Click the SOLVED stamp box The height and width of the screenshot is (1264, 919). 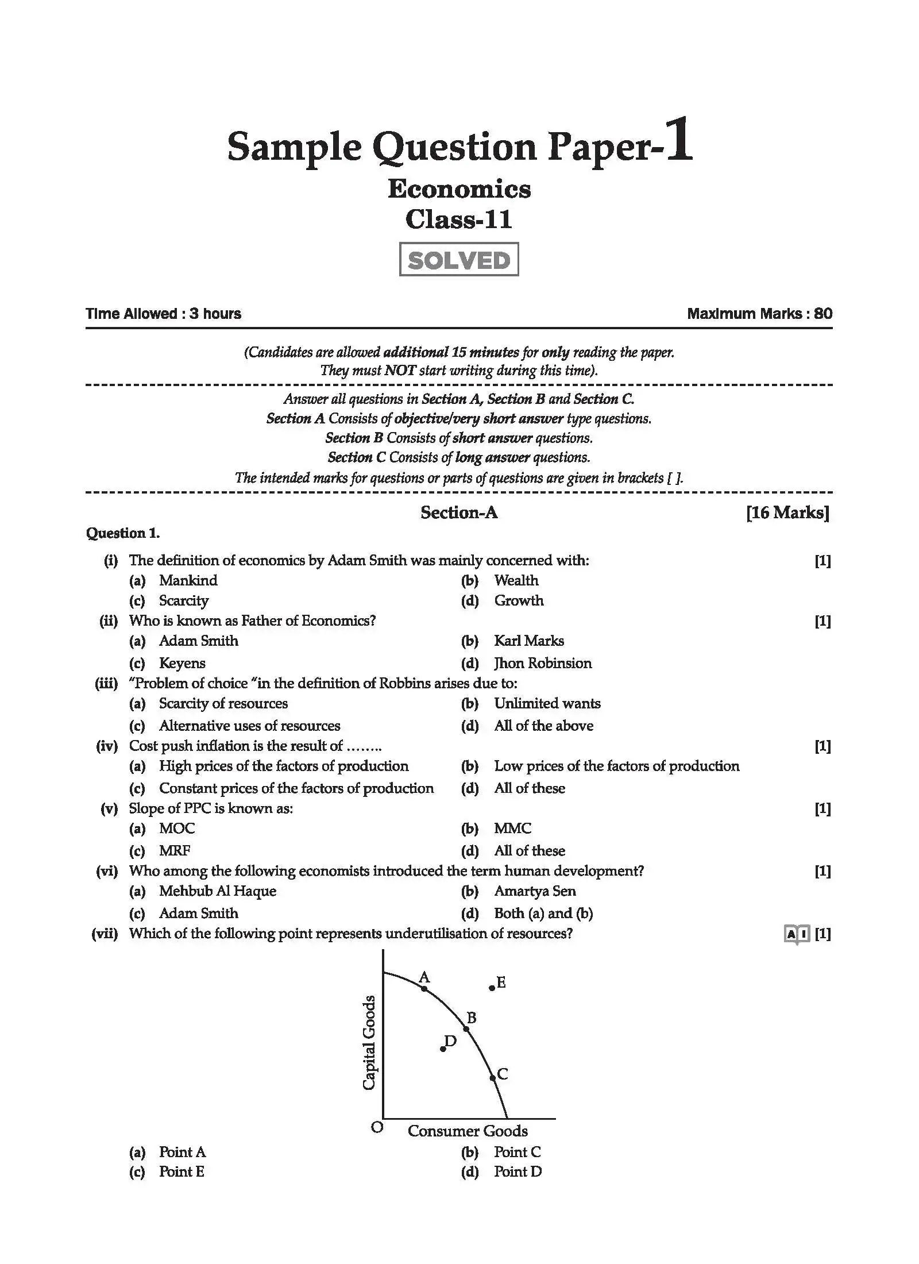click(x=458, y=260)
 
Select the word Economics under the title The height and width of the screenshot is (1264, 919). click(x=459, y=189)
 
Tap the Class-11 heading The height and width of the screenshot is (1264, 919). click(x=458, y=219)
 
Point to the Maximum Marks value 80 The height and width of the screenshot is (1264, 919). click(x=823, y=314)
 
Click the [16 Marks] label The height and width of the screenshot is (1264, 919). click(x=787, y=512)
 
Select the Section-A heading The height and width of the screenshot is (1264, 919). click(x=458, y=512)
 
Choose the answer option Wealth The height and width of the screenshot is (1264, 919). click(x=516, y=580)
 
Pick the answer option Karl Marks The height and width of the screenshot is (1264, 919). click(x=528, y=641)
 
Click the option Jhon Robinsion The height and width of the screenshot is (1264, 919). click(x=542, y=663)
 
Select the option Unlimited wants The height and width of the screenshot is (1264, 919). click(x=547, y=703)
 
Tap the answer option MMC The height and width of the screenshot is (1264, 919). click(x=512, y=828)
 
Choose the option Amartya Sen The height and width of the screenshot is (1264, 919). click(x=534, y=891)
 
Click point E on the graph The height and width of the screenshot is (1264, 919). click(x=492, y=988)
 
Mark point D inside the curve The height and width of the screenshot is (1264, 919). click(x=443, y=1049)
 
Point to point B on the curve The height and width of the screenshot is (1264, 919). click(x=466, y=1028)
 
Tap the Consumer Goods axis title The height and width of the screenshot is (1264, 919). click(x=468, y=1131)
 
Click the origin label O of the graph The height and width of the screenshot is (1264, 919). click(x=377, y=1127)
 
